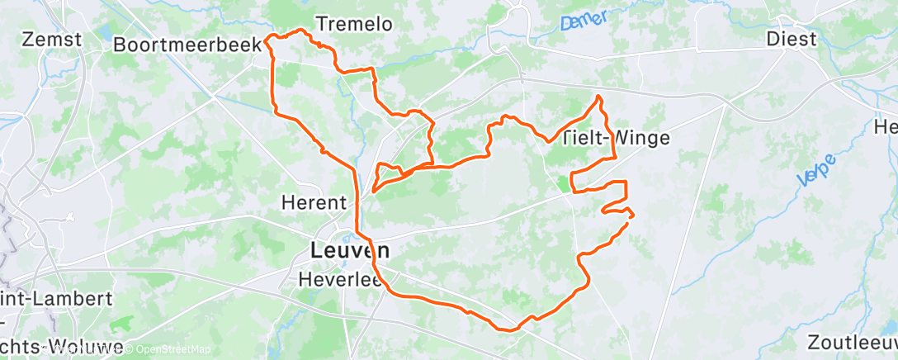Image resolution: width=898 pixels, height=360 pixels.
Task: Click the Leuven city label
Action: (x=350, y=249)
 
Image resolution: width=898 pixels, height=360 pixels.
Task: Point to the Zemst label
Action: (x=52, y=39)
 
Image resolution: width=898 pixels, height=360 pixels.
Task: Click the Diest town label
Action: (x=791, y=39)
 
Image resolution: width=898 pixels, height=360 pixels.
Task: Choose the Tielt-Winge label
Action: (x=616, y=139)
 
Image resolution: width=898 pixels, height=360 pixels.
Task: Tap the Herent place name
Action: (x=314, y=201)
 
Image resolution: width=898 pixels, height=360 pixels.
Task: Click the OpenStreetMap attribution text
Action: (x=168, y=349)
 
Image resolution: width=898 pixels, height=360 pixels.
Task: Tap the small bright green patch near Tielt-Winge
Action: (x=564, y=182)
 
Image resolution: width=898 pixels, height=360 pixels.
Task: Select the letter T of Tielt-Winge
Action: (x=567, y=139)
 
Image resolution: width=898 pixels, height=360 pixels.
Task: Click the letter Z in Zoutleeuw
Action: (x=815, y=342)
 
